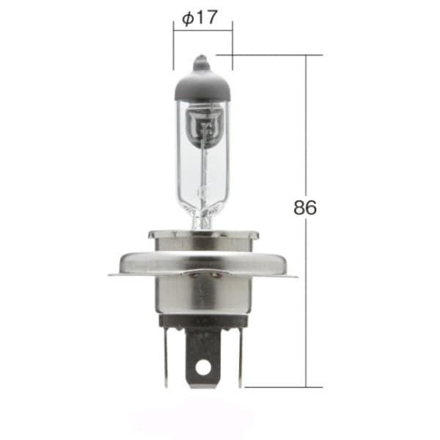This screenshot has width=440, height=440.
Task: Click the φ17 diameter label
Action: pos(199,18)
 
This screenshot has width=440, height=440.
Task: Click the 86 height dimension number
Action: pos(305,208)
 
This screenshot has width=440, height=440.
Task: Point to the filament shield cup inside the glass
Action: pos(202,126)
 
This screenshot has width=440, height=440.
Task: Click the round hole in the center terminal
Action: pos(203,366)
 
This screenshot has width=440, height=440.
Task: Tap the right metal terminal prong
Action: pos(240,359)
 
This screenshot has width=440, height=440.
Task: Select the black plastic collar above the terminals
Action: pos(203,322)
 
